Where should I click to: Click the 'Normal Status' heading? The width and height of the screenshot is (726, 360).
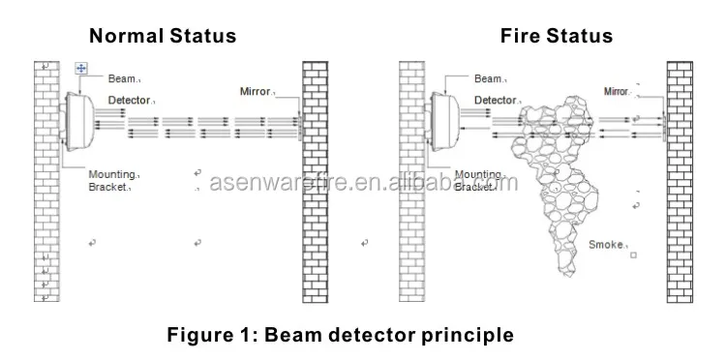pos(163,37)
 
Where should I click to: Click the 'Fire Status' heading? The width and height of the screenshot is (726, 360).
pos(556,37)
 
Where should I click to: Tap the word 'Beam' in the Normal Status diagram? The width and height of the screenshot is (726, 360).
pos(120,79)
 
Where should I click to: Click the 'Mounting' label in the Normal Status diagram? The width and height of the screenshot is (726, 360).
pos(111,174)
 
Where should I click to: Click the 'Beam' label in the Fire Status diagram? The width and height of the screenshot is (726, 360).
pos(487,79)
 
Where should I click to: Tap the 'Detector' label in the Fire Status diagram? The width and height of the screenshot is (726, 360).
pos(494,100)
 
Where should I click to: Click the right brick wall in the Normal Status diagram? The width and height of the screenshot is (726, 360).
pos(315,184)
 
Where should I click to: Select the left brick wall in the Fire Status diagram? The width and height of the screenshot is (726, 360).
pos(411,184)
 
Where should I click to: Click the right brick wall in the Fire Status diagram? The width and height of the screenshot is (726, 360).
pos(679,184)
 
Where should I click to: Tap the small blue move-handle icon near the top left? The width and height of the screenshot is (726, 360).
pos(81,69)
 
